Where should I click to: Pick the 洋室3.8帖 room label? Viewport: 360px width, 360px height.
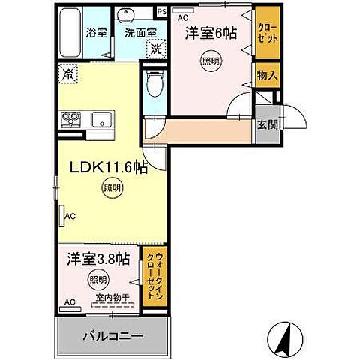pos(97,259)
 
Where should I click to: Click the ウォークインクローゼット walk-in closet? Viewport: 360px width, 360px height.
pos(154,275)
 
